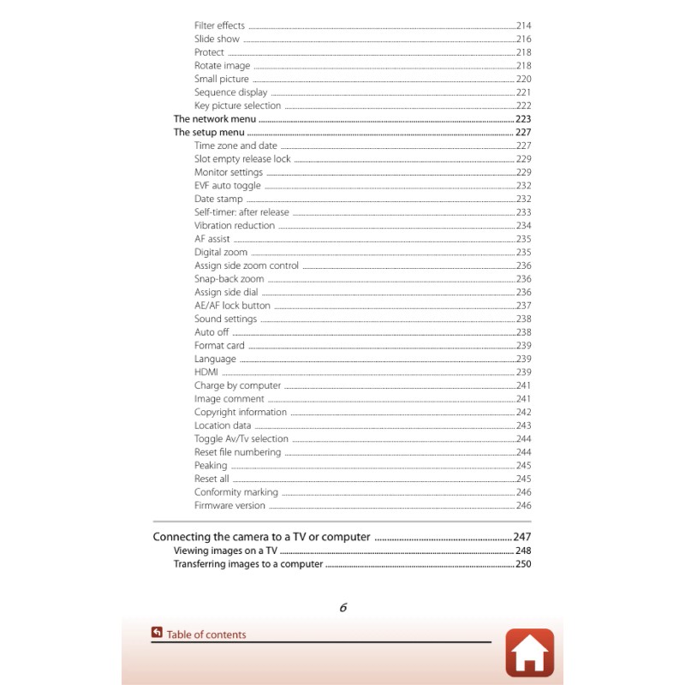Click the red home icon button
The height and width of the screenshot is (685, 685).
(529, 652)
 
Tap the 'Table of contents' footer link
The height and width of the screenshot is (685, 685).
(205, 634)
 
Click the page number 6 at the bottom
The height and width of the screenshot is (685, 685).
(342, 608)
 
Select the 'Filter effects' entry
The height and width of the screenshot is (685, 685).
(219, 26)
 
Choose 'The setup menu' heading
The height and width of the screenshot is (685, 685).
(209, 133)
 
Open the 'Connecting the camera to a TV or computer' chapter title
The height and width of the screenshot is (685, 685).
(261, 537)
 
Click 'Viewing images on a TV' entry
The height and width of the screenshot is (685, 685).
(225, 551)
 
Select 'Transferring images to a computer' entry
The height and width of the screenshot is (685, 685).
(248, 564)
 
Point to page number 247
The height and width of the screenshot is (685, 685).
(522, 537)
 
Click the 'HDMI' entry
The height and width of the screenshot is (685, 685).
(206, 372)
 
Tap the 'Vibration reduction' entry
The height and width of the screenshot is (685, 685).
(235, 226)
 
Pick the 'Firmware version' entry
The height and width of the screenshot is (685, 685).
(229, 505)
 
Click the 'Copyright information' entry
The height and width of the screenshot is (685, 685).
(241, 412)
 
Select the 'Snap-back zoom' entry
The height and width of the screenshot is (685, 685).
(229, 279)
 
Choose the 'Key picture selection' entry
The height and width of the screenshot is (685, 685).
(237, 106)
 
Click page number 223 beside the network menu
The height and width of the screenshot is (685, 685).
(523, 119)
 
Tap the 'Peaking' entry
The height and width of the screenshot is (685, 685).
(211, 466)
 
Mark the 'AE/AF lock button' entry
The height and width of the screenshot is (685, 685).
(232, 306)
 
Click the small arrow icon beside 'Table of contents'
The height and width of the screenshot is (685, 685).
(157, 634)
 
